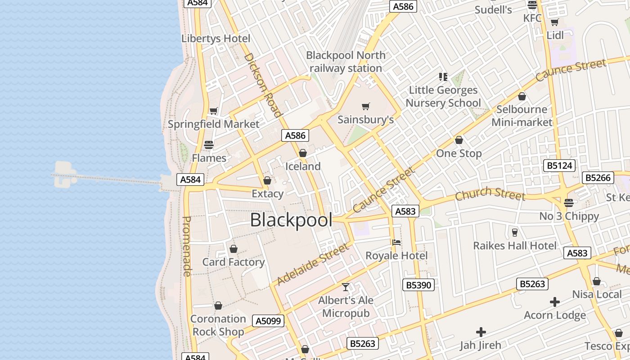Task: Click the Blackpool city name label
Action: coord(291,220)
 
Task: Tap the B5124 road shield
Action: coord(559,166)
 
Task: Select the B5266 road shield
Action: coord(598,178)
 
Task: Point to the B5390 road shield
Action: coord(418,285)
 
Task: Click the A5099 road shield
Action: coord(269,321)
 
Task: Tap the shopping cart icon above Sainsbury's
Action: coord(366,107)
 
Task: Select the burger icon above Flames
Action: coord(209,145)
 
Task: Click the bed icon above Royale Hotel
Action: coord(396,243)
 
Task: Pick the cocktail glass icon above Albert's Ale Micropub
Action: coord(346,287)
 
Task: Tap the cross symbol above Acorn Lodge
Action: coord(555,302)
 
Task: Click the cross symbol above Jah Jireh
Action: coord(481,333)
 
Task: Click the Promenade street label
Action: coord(187,246)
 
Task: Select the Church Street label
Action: coord(490,194)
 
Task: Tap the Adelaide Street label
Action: coord(313,264)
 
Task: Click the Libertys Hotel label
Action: coord(216,39)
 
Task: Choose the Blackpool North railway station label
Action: coord(346,62)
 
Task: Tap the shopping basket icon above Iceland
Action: coord(303,153)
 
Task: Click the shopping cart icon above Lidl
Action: coord(554,22)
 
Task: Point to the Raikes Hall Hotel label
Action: coord(515,246)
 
